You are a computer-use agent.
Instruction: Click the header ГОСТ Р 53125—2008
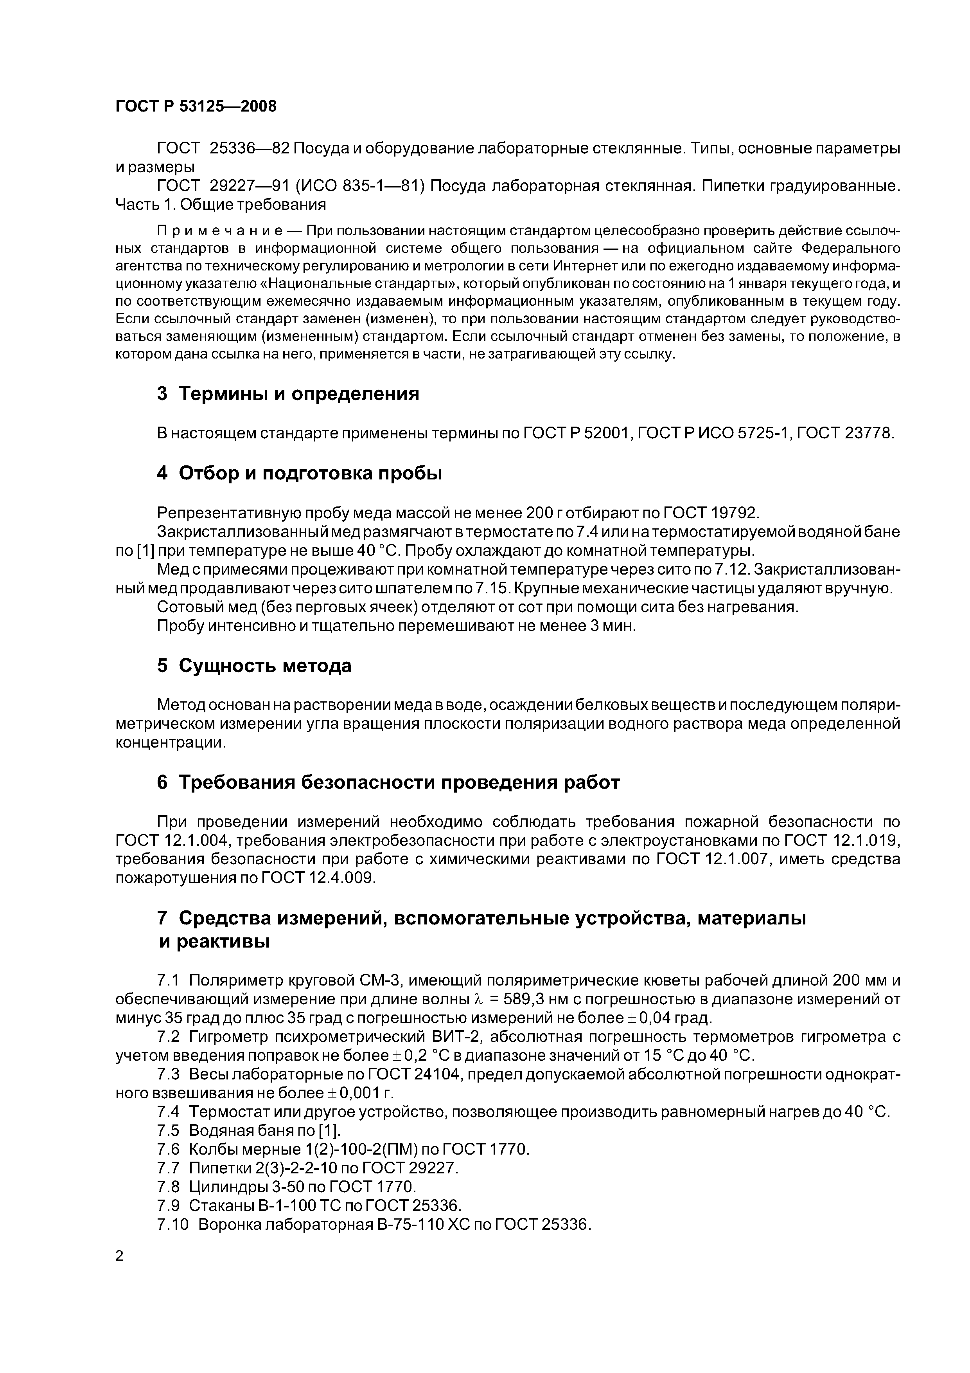pos(196,106)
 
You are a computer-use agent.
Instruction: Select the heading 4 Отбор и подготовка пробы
pos(300,473)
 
